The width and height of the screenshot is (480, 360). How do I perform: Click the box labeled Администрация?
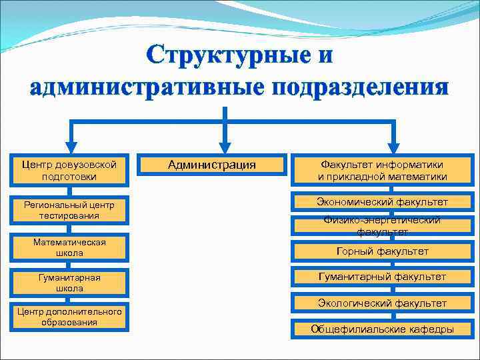(x=211, y=165)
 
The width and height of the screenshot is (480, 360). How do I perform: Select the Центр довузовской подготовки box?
(x=69, y=171)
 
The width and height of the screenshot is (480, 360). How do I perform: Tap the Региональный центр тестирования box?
(x=69, y=210)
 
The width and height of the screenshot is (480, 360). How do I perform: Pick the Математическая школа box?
(x=69, y=247)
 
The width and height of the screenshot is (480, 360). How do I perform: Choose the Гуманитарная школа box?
(x=69, y=283)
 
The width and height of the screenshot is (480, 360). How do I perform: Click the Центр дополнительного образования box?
(x=69, y=317)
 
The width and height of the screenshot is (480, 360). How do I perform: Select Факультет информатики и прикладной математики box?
(x=382, y=171)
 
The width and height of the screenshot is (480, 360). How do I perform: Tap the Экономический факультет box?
(x=382, y=202)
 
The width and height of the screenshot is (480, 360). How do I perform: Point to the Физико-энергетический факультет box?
(x=382, y=226)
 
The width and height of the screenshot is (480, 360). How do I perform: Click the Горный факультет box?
(x=382, y=251)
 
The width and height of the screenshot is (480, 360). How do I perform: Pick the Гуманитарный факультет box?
(x=382, y=277)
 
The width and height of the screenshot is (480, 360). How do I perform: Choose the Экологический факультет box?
(x=382, y=303)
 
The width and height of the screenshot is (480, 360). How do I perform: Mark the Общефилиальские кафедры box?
(x=382, y=329)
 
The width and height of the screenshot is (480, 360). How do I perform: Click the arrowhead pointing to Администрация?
(x=225, y=147)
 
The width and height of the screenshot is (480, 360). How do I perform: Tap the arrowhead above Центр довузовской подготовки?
(x=70, y=147)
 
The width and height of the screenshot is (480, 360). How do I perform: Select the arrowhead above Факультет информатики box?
(x=394, y=147)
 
